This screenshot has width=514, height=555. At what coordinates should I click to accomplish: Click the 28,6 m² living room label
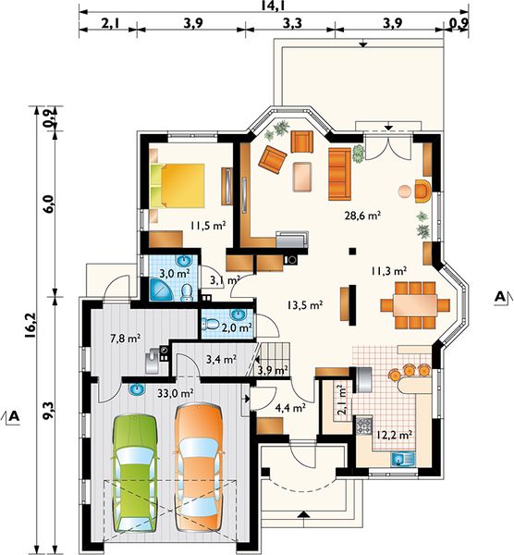[362, 216]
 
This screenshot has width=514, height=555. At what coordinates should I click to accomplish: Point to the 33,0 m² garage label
[175, 392]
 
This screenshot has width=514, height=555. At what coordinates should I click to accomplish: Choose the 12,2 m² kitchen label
[394, 435]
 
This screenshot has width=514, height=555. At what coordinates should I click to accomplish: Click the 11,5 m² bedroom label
[208, 225]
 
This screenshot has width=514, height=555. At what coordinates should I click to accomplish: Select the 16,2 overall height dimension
[30, 327]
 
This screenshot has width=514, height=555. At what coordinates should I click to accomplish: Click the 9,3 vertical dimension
[49, 411]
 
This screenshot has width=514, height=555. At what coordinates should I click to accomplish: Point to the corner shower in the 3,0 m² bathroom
[160, 290]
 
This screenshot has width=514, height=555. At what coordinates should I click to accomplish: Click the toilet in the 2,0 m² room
[209, 324]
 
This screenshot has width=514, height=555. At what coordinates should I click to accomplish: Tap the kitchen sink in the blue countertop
[403, 459]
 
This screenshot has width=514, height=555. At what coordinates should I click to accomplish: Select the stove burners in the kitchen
[363, 425]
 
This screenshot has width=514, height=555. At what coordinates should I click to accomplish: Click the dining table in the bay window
[415, 304]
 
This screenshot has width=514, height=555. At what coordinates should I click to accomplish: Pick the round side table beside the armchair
[405, 191]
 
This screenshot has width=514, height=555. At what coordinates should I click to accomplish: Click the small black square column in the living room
[352, 251]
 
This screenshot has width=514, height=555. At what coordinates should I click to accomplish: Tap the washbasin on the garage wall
[137, 389]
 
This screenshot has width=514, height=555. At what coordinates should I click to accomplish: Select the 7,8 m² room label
[125, 339]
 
